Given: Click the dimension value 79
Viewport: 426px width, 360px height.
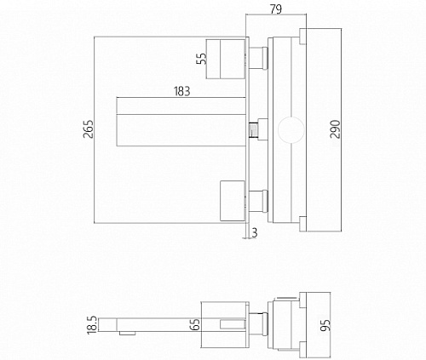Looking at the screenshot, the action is point(276,9).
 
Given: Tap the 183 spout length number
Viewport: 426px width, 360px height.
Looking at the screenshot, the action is point(181,91).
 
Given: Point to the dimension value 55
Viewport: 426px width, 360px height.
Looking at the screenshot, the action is point(202,59).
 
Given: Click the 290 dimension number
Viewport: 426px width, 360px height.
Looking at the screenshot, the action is point(335,129).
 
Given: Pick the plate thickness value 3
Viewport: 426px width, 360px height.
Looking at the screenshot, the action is point(255,232).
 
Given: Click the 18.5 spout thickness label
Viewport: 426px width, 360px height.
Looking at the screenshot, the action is point(93,325).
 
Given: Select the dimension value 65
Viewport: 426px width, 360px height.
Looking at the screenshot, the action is point(195,324).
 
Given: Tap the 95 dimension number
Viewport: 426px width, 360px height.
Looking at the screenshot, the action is point(325,325).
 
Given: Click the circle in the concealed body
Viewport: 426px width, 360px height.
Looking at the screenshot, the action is point(291,118).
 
